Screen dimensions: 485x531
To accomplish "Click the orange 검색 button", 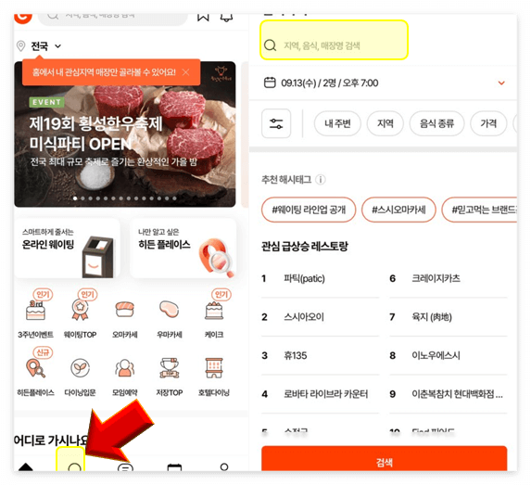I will click(384, 461).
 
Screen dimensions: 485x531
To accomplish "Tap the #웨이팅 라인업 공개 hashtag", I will click(309, 210).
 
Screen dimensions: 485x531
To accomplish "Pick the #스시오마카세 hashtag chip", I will click(398, 210).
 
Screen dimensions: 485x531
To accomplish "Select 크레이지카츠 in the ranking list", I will click(436, 278).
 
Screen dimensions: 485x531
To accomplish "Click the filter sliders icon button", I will click(276, 123).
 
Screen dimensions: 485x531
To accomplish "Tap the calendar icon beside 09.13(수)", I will click(270, 83).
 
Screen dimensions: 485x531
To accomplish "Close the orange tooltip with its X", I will click(185, 71).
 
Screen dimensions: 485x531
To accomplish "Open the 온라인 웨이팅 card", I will click(67, 248).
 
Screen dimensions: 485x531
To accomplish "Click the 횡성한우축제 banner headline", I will click(95, 123).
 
